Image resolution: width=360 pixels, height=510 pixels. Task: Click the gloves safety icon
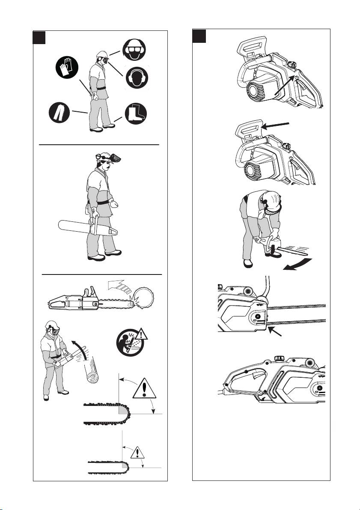(67, 69)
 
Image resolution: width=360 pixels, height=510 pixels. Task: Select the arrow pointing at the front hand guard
(279, 125)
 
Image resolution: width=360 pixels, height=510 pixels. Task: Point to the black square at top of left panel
(40, 37)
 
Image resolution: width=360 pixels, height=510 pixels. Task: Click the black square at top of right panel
(199, 36)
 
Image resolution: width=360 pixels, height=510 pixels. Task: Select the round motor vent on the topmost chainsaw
(256, 91)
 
